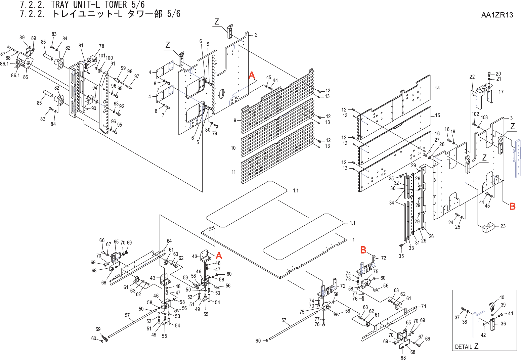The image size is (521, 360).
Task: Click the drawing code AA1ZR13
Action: tap(497, 15)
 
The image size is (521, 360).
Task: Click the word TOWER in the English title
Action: tap(111, 5)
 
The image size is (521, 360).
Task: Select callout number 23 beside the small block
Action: tap(503, 226)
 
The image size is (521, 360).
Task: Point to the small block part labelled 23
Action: tap(489, 228)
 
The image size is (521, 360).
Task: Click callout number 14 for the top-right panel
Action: tap(437, 88)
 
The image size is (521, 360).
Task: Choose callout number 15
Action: tap(437, 116)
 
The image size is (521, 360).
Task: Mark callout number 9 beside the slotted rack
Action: tap(235, 120)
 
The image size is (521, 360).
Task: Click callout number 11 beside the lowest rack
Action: tap(234, 172)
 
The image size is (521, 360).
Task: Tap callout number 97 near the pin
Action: tap(137, 77)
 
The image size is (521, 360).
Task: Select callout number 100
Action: tap(110, 58)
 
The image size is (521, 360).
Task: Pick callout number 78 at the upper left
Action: tap(101, 46)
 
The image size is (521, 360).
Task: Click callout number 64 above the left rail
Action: tap(169, 241)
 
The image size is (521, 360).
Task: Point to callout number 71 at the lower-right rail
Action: tap(424, 306)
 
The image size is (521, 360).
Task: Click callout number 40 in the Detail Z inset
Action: tap(502, 298)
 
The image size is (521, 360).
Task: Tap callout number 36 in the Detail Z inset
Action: tap(503, 324)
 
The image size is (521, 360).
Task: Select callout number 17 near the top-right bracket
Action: tap(501, 92)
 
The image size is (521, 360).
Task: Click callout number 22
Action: tap(472, 77)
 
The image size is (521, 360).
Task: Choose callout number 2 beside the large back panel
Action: tap(256, 35)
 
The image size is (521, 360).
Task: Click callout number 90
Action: tap(94, 108)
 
